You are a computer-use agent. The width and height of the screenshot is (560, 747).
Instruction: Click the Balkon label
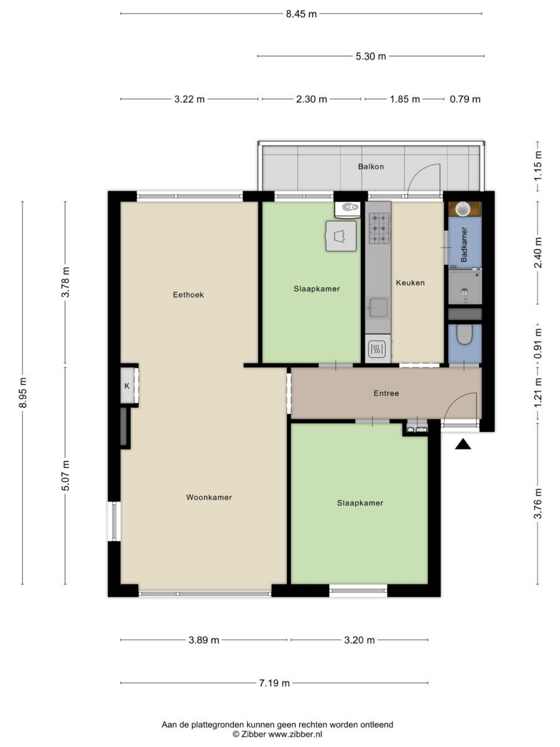click(x=371, y=166)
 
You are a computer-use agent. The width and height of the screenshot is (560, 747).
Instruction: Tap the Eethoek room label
click(x=188, y=294)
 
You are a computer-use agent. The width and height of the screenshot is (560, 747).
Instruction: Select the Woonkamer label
click(x=209, y=497)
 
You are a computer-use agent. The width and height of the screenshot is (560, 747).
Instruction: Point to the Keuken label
click(x=410, y=283)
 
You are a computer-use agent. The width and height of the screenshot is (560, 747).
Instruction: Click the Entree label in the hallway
click(x=386, y=393)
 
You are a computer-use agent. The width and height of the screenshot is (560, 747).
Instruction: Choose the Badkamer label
click(x=464, y=245)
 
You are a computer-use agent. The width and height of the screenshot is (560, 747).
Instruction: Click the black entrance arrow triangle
click(x=463, y=444)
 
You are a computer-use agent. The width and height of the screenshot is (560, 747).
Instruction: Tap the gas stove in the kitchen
click(x=378, y=228)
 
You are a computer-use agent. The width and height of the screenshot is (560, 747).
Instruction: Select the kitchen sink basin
click(x=378, y=308)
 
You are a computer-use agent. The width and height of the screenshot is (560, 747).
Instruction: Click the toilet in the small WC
click(x=464, y=334)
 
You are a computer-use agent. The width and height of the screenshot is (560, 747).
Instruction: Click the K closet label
click(x=127, y=386)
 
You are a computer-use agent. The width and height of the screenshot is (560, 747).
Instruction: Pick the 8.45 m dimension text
click(x=301, y=14)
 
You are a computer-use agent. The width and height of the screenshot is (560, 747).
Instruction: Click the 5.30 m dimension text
click(x=371, y=56)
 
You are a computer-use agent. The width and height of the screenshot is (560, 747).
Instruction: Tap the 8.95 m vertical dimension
click(x=23, y=392)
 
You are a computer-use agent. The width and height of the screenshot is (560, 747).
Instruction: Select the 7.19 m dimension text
click(x=274, y=683)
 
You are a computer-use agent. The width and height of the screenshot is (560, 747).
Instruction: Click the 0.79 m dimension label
click(x=465, y=99)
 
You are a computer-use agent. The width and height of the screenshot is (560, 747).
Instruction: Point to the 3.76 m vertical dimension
click(x=538, y=503)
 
